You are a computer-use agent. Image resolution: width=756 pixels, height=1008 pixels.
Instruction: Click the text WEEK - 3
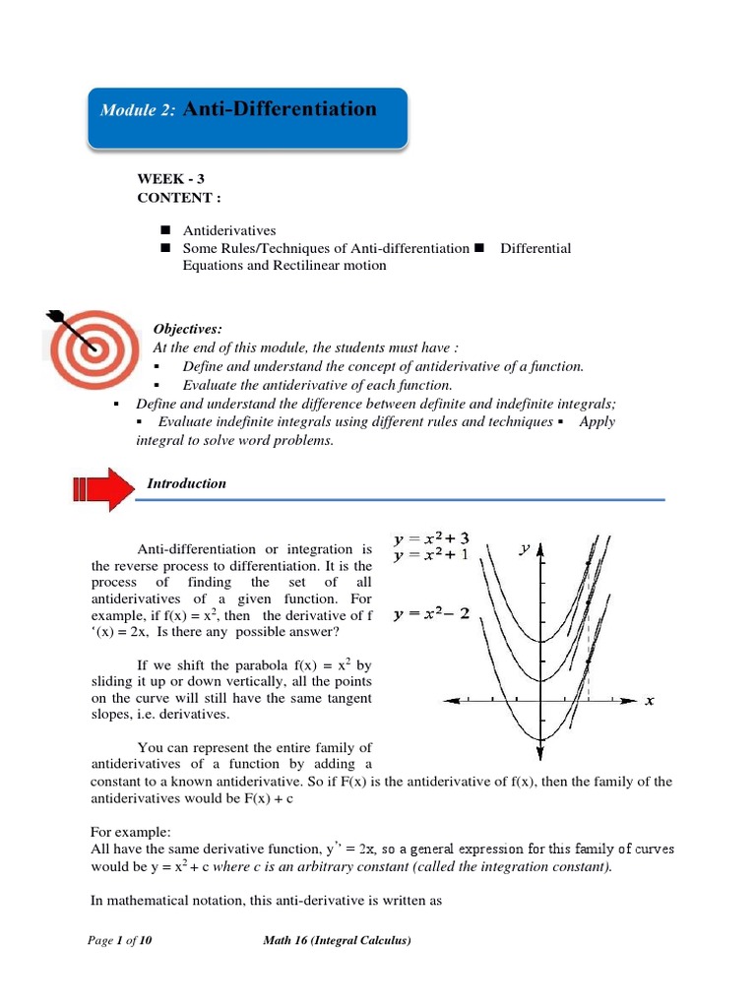(171, 178)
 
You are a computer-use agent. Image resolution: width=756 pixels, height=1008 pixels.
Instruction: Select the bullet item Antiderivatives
(229, 230)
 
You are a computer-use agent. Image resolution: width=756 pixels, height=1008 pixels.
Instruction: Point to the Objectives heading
(187, 329)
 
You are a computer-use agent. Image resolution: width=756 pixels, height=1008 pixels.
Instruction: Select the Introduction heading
(186, 483)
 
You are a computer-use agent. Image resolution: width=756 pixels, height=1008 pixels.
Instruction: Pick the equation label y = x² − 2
(430, 614)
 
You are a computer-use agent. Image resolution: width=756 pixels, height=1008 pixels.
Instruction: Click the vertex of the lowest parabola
(540, 738)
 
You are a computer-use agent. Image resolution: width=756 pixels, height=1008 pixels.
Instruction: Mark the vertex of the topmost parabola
(540, 641)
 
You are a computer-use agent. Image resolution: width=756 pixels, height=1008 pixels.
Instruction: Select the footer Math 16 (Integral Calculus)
(337, 940)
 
